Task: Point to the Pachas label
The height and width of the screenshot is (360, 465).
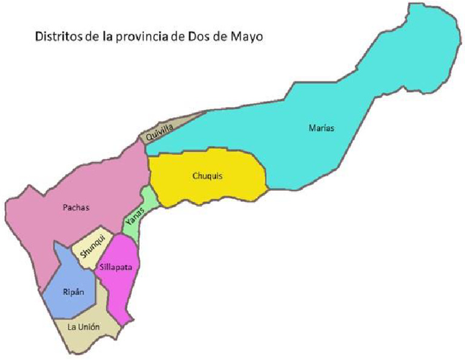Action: [76, 208]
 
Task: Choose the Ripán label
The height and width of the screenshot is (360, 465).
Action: [72, 292]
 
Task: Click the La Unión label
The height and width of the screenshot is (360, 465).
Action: [84, 327]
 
